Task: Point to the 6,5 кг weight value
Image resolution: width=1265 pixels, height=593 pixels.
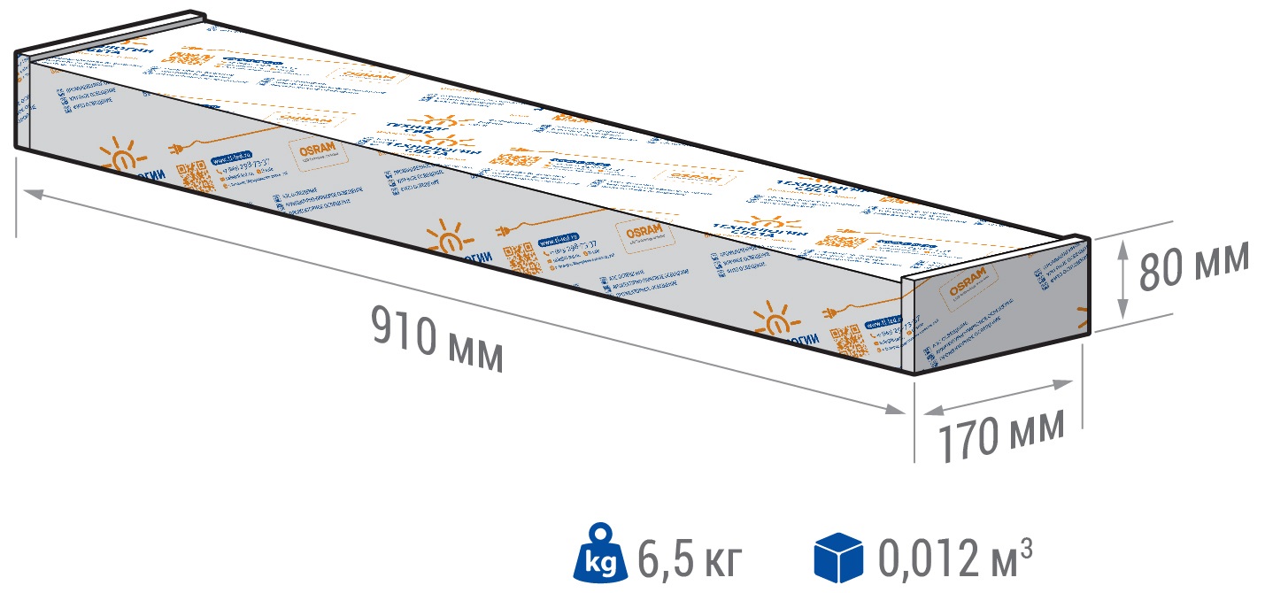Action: tap(688, 558)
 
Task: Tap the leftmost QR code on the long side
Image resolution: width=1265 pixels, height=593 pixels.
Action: tap(197, 177)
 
